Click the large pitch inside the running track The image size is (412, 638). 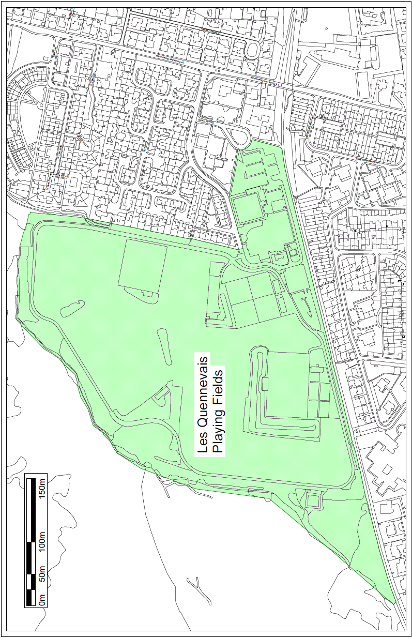(287, 385)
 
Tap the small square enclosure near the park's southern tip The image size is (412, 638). (313, 500)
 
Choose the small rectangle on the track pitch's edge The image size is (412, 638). (265, 384)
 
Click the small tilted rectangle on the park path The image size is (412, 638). (161, 394)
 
